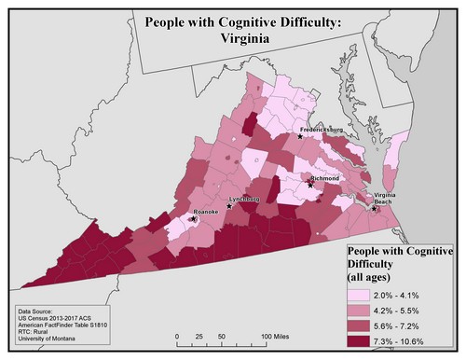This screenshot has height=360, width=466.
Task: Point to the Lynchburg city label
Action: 246,200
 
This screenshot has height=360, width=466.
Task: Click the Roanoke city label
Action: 204,212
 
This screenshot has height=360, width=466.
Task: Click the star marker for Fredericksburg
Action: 300,136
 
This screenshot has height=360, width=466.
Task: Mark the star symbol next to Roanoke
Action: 194,220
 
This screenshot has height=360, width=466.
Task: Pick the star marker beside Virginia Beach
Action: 375,209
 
